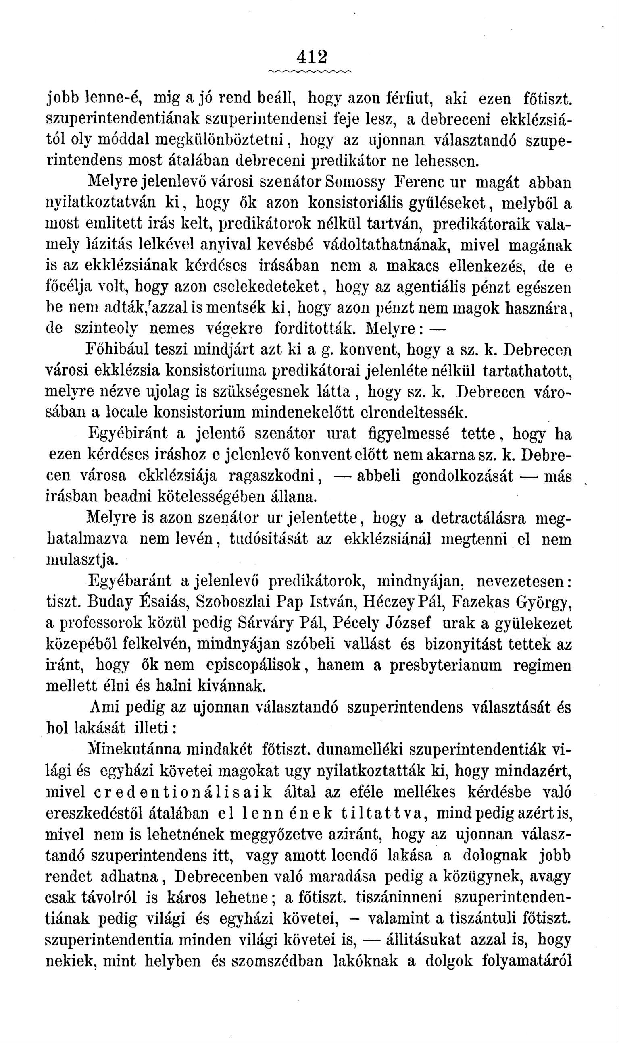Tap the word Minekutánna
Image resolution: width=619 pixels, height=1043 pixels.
point(134,749)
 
